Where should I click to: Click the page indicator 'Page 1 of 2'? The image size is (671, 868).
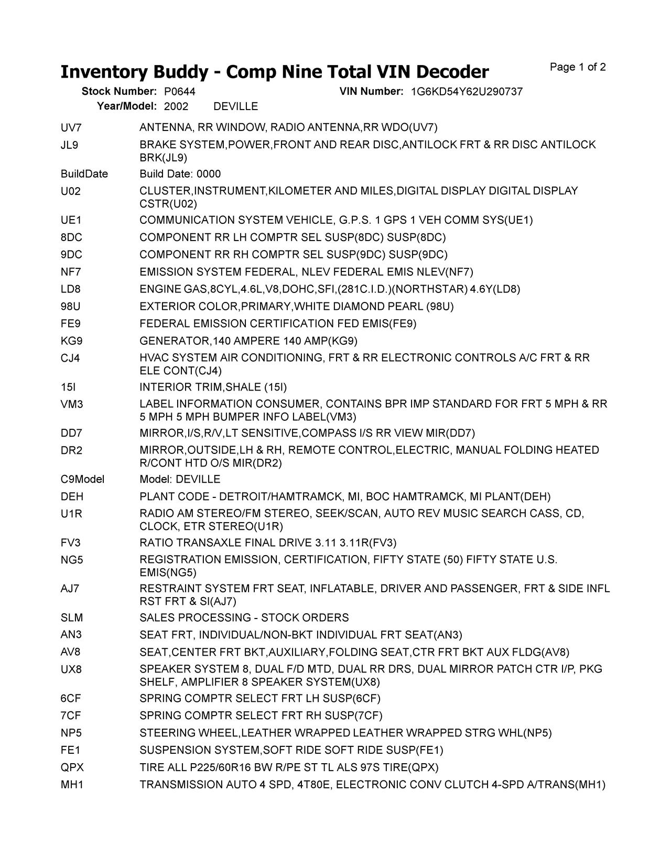[x=578, y=67]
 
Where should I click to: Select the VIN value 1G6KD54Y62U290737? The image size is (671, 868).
[x=467, y=92]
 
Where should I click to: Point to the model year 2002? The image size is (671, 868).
[x=176, y=106]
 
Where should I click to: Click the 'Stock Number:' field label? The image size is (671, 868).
[x=119, y=92]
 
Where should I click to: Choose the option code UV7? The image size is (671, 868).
[x=71, y=127]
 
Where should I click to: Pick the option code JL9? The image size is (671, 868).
[x=69, y=145]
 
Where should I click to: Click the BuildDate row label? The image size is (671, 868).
[x=84, y=174]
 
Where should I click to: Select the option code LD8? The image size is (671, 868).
[x=70, y=289]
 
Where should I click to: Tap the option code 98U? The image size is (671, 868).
[x=71, y=307]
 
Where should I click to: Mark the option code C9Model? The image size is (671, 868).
[x=82, y=480]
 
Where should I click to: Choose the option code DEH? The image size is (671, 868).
[x=72, y=497]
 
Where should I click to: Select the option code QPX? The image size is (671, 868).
[x=72, y=768]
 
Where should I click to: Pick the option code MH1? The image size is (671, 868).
[x=71, y=785]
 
